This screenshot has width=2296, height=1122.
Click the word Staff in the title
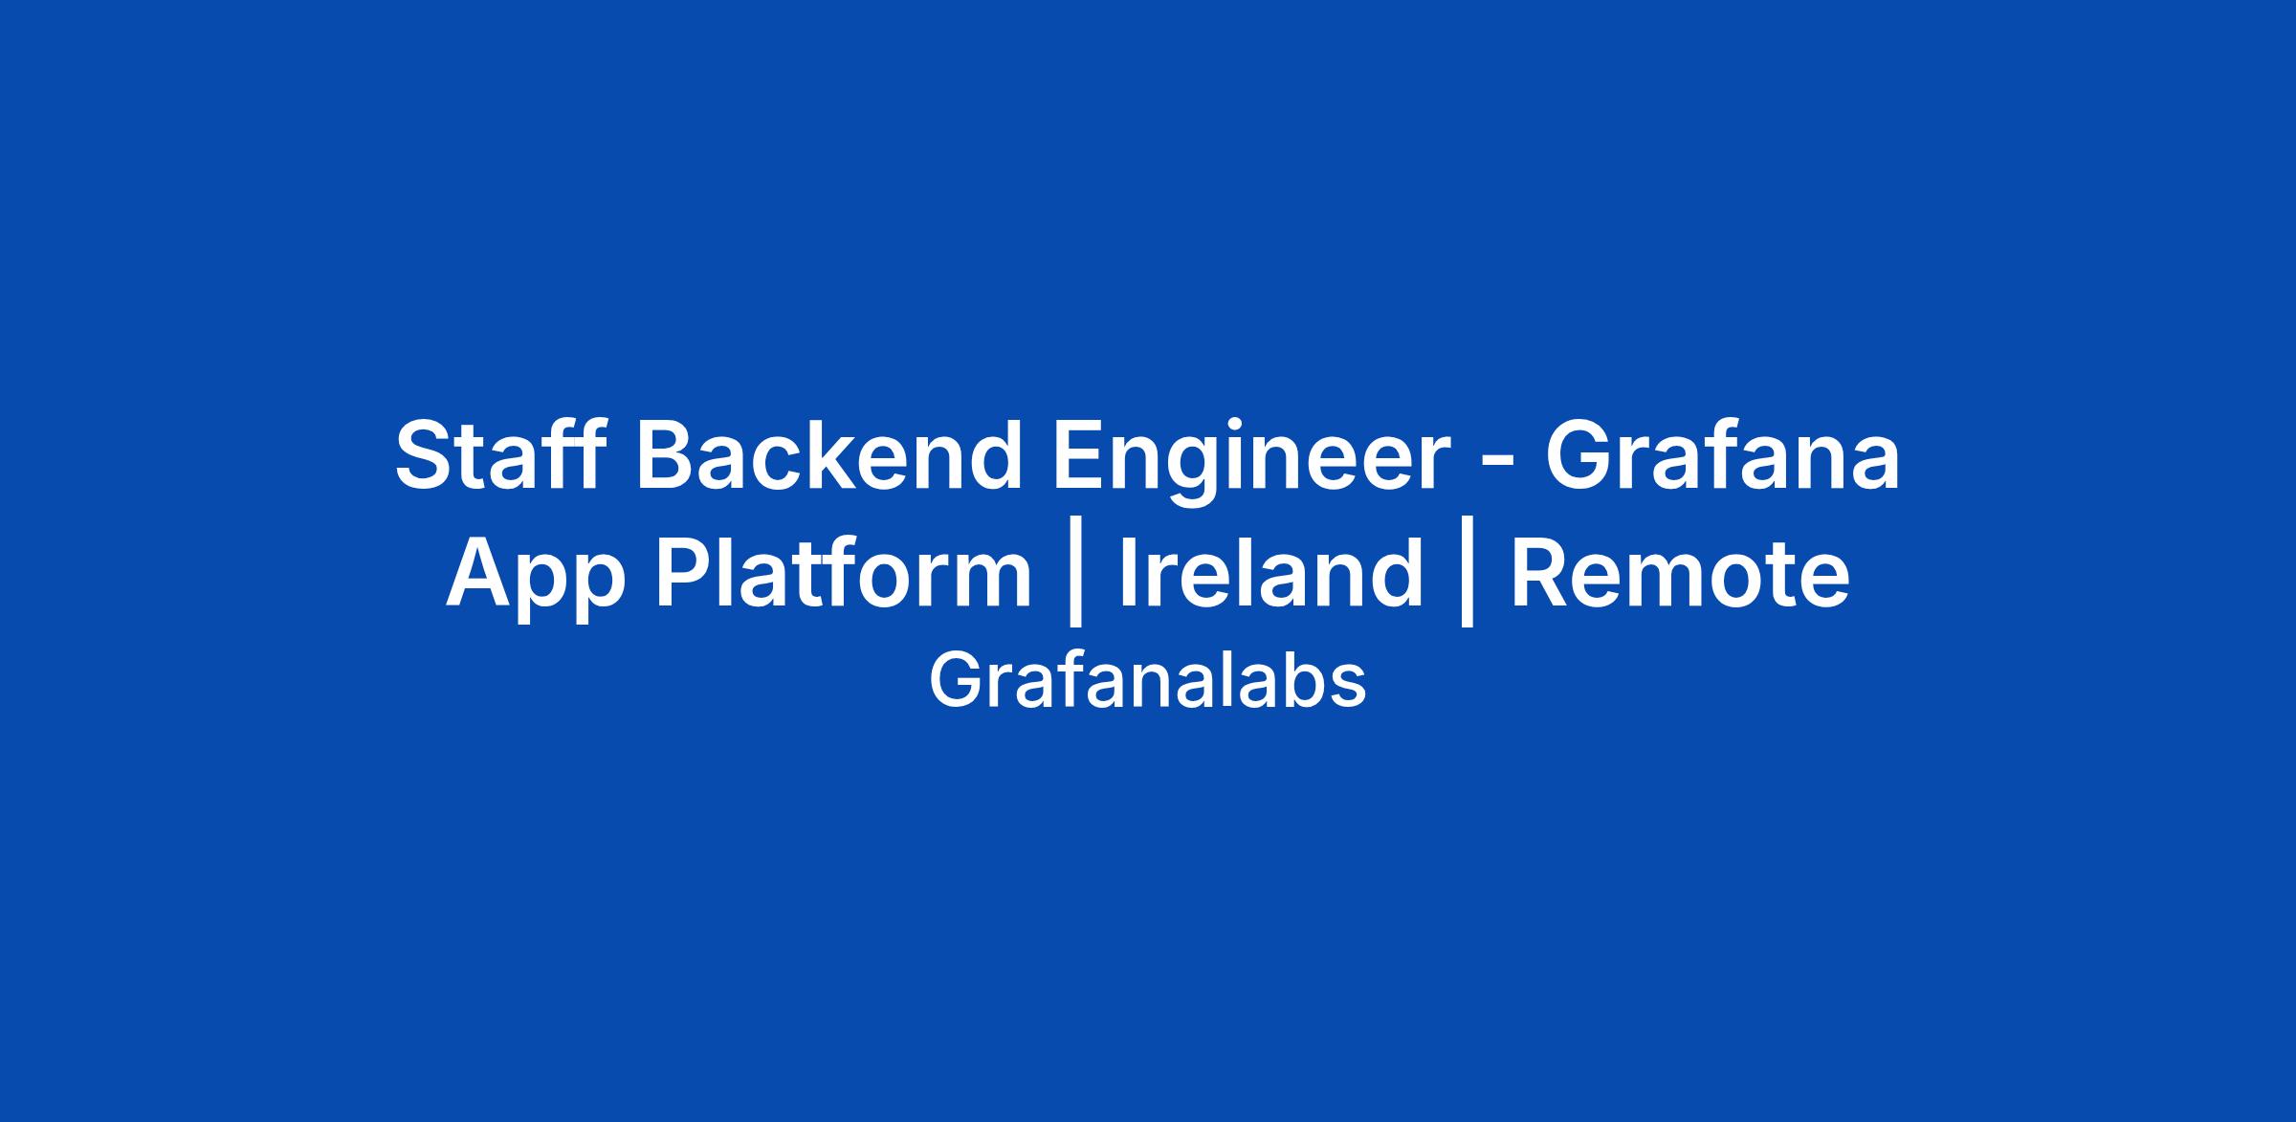(499, 455)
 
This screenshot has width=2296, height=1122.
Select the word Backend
(829, 455)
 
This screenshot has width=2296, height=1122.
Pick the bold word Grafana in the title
(1723, 455)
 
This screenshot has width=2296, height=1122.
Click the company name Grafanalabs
(1148, 681)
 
